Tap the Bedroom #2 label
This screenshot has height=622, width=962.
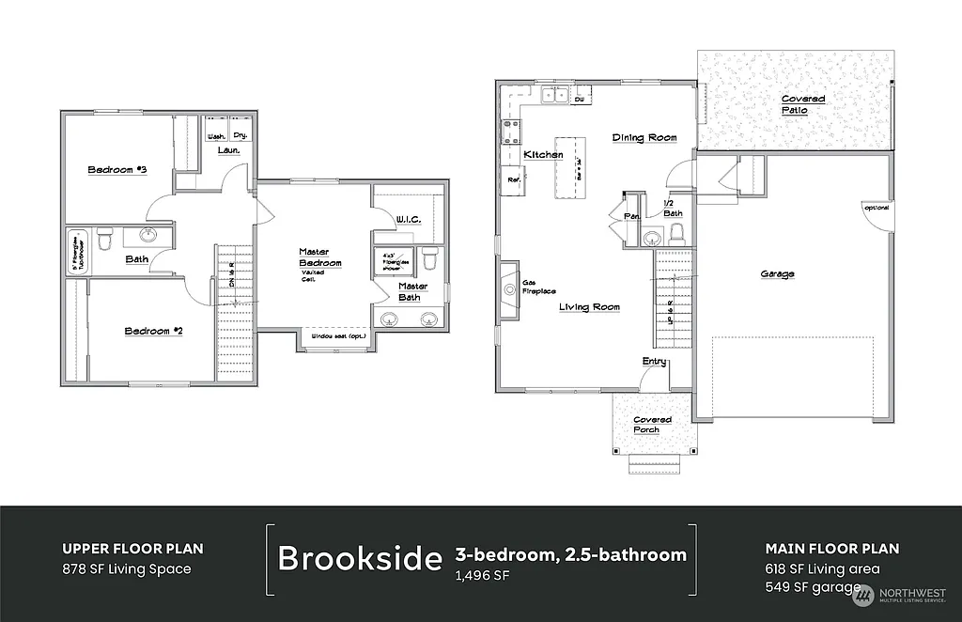click(153, 331)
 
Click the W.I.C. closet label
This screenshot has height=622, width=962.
click(408, 219)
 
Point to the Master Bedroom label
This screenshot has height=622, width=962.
click(319, 257)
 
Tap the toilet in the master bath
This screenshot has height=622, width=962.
click(429, 257)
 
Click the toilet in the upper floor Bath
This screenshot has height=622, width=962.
click(105, 241)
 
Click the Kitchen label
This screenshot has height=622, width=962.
click(543, 154)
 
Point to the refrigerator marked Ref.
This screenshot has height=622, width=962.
click(514, 179)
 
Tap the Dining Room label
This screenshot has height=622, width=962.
click(644, 138)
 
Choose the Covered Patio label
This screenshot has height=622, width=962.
click(803, 104)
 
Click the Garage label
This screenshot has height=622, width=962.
click(777, 274)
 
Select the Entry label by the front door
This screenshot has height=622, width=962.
click(654, 362)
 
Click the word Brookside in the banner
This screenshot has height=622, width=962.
click(360, 558)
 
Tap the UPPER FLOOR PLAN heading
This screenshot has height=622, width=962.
click(132, 549)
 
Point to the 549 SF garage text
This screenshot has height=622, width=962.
click(813, 587)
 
